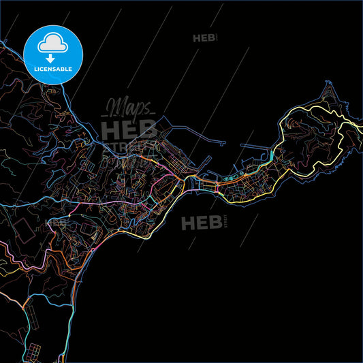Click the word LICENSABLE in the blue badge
click(x=52, y=69)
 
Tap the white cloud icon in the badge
click(x=52, y=44)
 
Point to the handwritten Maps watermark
click(x=129, y=108)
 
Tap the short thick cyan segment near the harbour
click(x=271, y=157)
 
